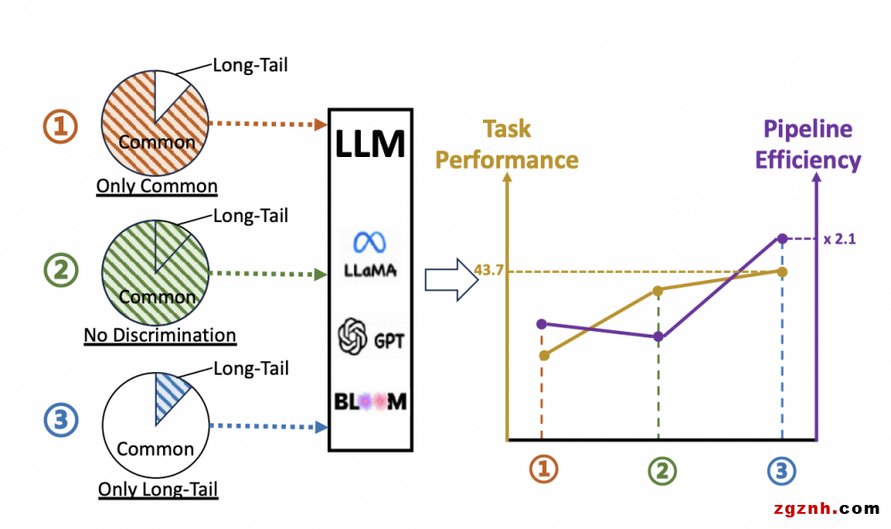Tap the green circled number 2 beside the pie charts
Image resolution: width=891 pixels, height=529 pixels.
(x=61, y=270)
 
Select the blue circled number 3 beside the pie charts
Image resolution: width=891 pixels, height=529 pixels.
(x=61, y=420)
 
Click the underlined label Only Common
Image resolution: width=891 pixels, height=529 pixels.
(x=157, y=186)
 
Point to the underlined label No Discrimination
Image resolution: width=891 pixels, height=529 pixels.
(x=160, y=335)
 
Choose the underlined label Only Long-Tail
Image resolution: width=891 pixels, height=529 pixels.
(x=158, y=489)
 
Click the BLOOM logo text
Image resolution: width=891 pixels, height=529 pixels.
(x=371, y=401)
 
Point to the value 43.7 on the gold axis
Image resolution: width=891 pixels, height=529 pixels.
(x=490, y=270)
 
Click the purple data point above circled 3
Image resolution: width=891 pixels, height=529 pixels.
(x=782, y=238)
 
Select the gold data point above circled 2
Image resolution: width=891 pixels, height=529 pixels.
(x=658, y=290)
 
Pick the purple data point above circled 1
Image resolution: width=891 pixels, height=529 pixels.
(x=541, y=323)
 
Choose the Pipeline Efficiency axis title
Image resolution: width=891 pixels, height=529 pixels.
(x=808, y=145)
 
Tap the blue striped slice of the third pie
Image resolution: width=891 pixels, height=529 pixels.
(x=172, y=390)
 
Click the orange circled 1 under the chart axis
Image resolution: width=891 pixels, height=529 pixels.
(x=543, y=470)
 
